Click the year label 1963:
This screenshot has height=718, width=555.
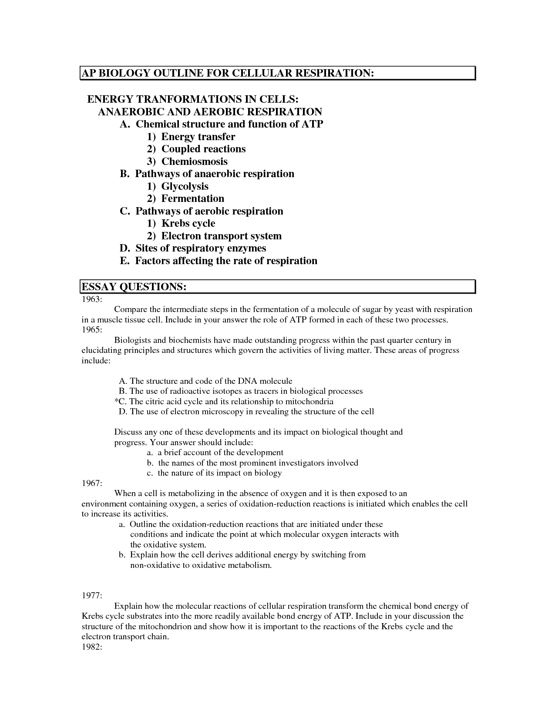click(x=92, y=299)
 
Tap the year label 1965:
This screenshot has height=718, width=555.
click(x=92, y=330)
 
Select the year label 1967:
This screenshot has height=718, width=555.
click(x=92, y=483)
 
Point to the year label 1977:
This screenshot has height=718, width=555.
click(x=92, y=596)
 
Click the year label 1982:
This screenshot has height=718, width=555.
click(x=92, y=647)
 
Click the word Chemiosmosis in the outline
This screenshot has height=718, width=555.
click(x=195, y=161)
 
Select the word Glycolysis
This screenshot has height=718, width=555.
click(x=185, y=186)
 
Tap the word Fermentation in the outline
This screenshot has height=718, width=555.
click(x=193, y=198)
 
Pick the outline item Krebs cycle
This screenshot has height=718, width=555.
click(x=188, y=223)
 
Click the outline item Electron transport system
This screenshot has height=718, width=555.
click(x=221, y=236)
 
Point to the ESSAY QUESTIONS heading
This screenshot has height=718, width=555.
click(x=134, y=287)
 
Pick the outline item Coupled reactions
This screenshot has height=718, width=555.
click(x=203, y=149)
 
